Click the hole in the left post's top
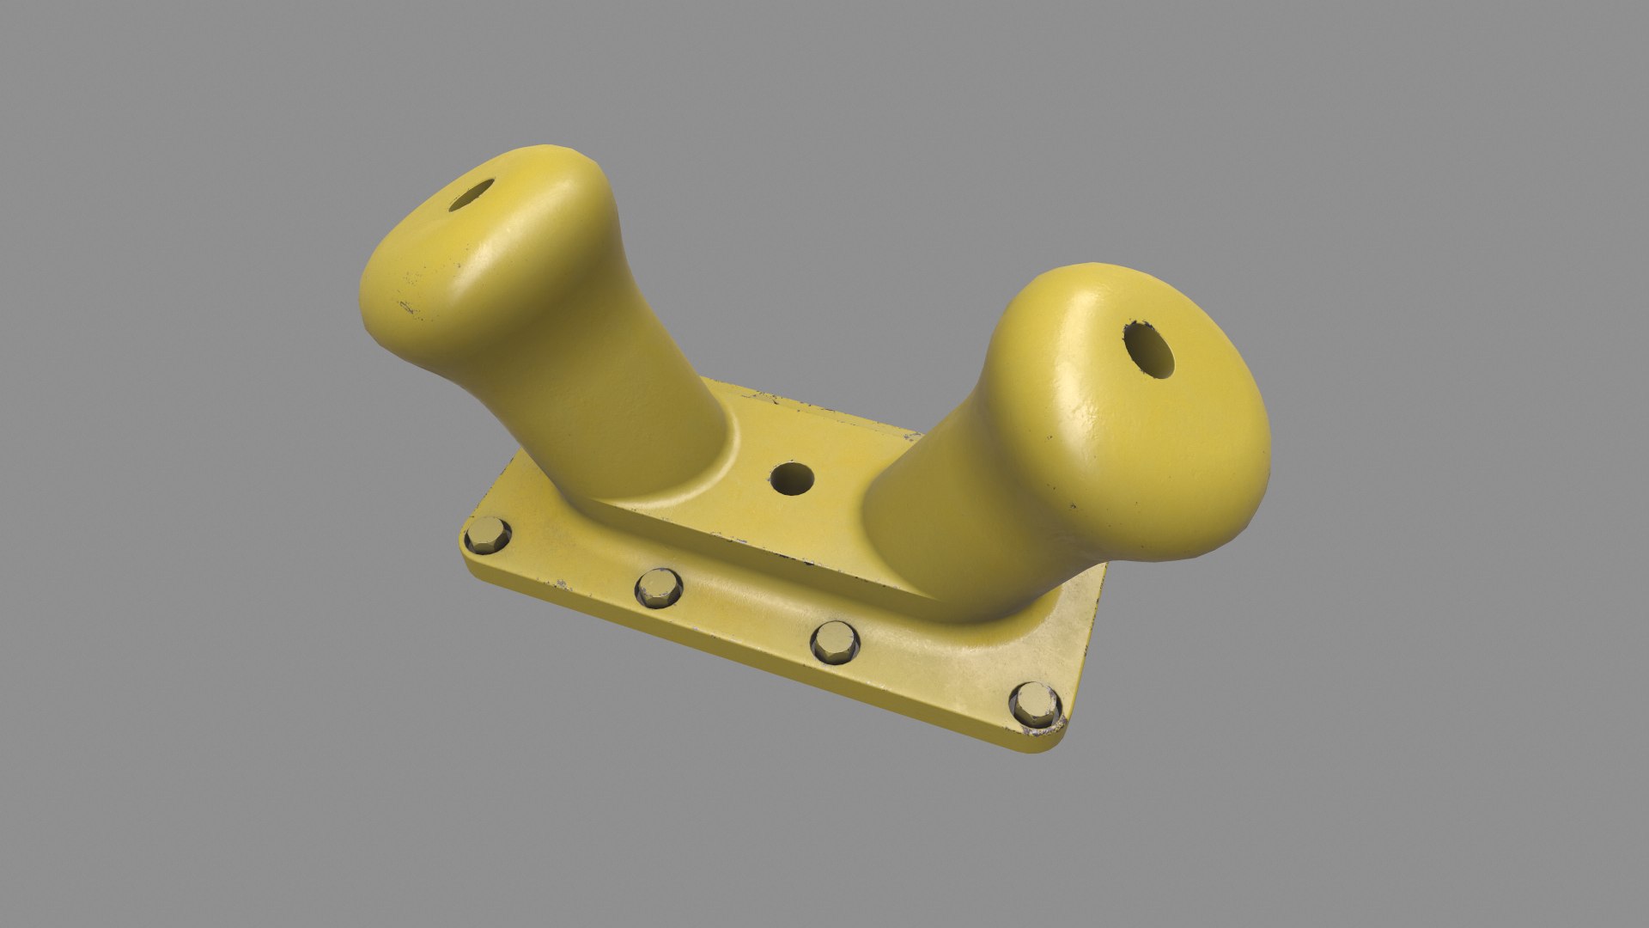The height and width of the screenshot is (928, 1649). [472, 195]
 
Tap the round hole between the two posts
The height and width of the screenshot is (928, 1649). [792, 479]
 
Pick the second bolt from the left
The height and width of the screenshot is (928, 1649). [659, 587]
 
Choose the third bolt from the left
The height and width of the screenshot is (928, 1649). [835, 640]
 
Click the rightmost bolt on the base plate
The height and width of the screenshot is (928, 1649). [1035, 702]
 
